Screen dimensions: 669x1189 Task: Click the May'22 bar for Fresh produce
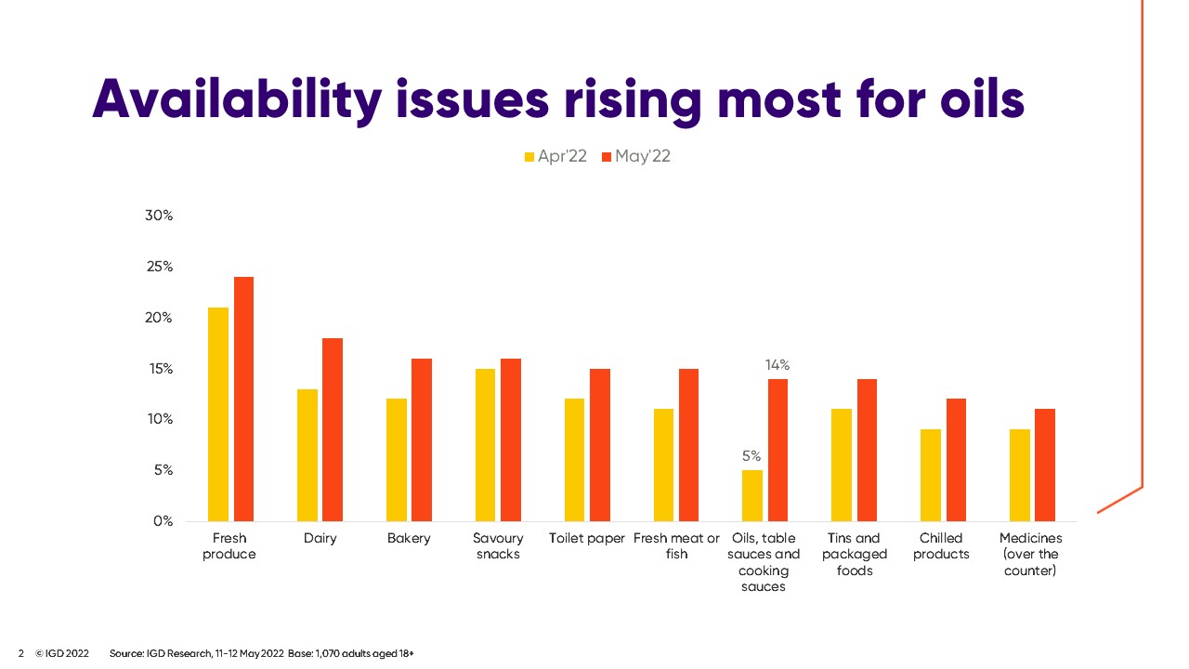click(x=243, y=399)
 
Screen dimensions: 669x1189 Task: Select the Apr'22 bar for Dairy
click(x=307, y=455)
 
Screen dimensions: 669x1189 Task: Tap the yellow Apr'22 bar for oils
click(x=752, y=495)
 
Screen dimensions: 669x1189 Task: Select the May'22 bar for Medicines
click(x=1045, y=465)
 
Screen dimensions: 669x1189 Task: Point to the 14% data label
click(x=777, y=365)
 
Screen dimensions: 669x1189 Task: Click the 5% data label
click(x=751, y=456)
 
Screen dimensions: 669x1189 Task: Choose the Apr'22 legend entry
click(x=556, y=156)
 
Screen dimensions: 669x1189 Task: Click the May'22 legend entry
click(x=636, y=156)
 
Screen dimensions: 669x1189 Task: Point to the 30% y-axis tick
click(x=160, y=216)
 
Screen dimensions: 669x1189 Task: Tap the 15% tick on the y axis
click(x=160, y=369)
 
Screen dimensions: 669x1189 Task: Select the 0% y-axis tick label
click(x=163, y=521)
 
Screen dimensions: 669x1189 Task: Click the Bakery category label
click(x=409, y=538)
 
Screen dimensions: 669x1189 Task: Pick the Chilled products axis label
click(x=941, y=546)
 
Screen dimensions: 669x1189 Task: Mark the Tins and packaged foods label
click(x=855, y=554)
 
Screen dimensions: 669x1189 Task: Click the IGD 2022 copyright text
click(x=62, y=653)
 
